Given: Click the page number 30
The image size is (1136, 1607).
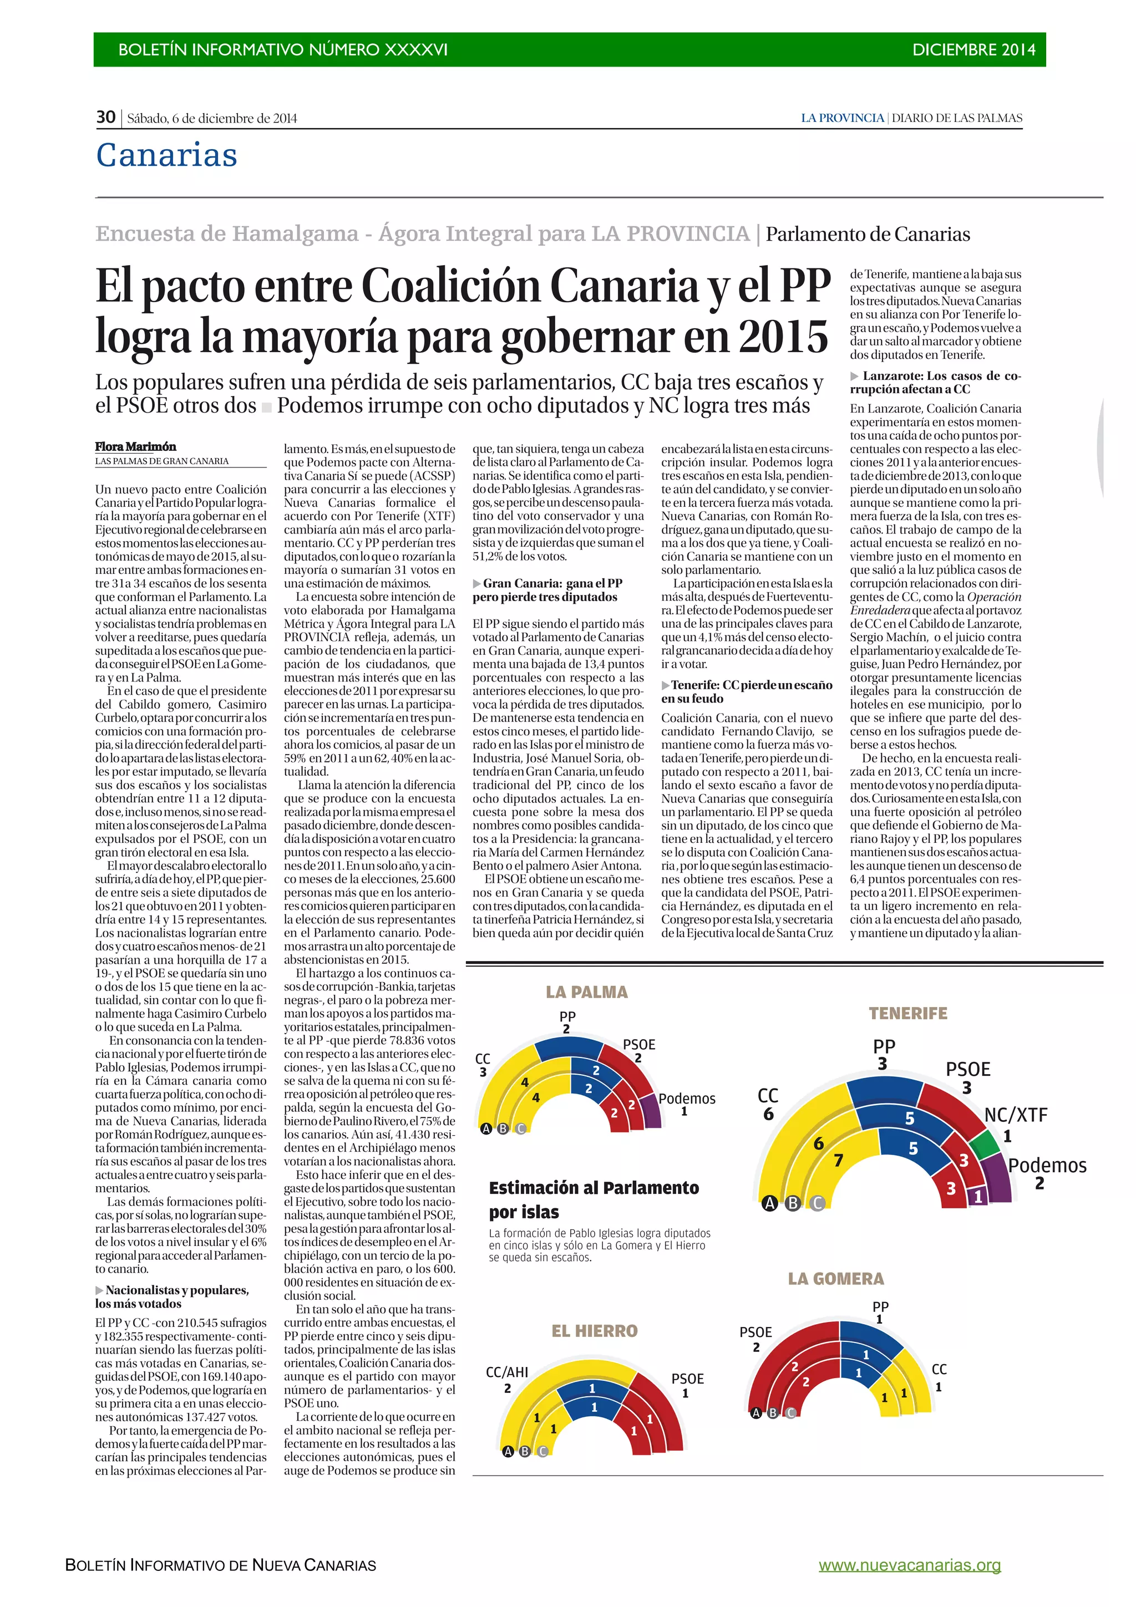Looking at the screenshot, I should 106,117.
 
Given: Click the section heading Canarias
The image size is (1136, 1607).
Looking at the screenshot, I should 166,155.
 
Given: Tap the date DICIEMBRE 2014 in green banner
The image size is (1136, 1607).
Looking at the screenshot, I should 973,50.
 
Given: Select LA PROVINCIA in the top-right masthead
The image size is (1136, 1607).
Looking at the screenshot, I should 842,118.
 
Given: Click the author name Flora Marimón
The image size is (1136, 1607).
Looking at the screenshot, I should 136,446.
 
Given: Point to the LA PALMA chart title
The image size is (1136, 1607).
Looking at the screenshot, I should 586,992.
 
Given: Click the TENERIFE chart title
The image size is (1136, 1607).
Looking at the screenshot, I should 908,1014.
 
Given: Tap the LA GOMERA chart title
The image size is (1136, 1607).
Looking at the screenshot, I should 836,1279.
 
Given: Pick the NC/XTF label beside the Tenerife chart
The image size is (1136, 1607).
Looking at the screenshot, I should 1016,1115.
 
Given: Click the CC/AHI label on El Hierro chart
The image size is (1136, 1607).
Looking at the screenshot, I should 507,1372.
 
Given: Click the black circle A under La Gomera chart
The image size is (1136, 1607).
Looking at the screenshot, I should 756,1413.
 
